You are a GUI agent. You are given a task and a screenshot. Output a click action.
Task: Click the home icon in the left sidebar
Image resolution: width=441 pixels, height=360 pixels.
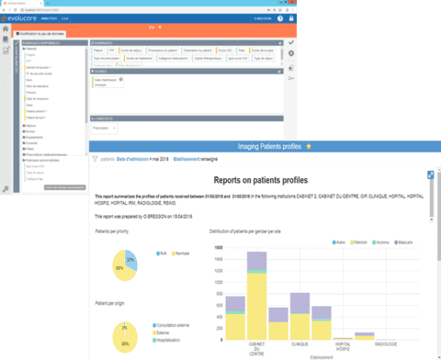pos(7,41)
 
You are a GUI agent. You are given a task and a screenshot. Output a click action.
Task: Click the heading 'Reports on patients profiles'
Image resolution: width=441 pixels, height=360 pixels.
pos(260,181)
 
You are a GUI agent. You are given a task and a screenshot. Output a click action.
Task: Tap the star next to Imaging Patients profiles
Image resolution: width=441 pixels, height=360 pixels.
pos(309,145)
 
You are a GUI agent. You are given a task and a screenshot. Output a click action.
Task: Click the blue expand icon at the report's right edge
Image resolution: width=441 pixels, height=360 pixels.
pos(430,174)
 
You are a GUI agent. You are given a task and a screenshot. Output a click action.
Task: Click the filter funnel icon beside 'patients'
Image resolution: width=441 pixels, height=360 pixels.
pos(96,159)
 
